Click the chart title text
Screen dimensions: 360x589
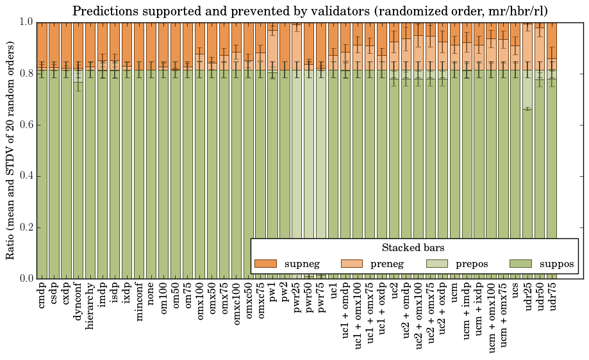point(310,11)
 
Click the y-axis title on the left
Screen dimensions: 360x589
point(10,150)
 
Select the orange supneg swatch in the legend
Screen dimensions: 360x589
point(265,263)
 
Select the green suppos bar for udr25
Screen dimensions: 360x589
point(528,192)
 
